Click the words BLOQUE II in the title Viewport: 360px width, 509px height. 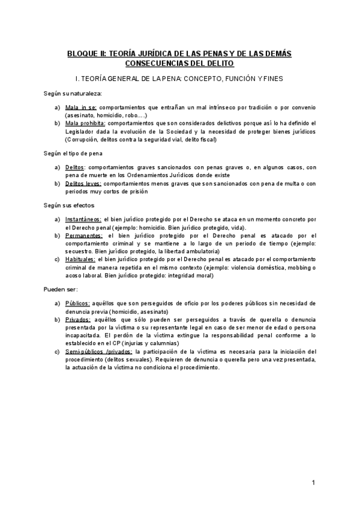[86, 53]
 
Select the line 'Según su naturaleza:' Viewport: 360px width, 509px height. [73, 94]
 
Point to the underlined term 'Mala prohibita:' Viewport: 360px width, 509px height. [85, 124]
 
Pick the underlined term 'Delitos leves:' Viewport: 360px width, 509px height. [83, 183]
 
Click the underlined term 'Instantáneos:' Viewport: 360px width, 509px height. [83, 220]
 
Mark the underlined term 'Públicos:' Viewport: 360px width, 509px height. [78, 304]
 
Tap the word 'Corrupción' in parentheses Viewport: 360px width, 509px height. [86, 139]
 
